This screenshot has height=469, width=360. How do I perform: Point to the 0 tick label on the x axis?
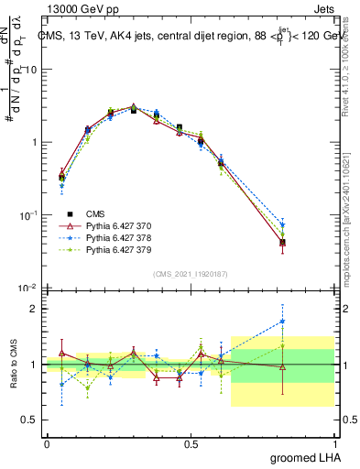(x=47, y=444)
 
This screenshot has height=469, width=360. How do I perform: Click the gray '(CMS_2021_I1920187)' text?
(x=191, y=273)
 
